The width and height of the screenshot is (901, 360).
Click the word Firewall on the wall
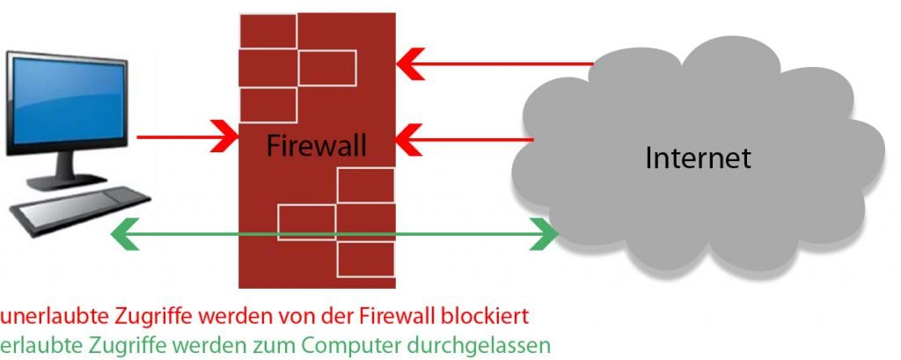[x=316, y=143]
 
